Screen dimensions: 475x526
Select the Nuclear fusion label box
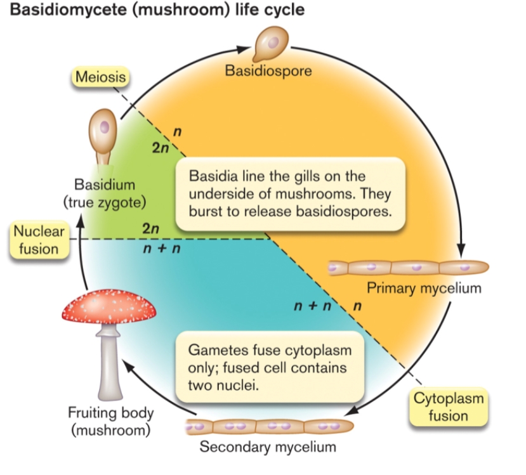click(x=39, y=240)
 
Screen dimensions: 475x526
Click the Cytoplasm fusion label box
click(x=449, y=407)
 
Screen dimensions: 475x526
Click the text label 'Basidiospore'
click(x=268, y=71)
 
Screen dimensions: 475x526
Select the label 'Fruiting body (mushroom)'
click(x=110, y=422)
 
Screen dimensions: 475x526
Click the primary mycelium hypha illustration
click(x=408, y=268)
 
